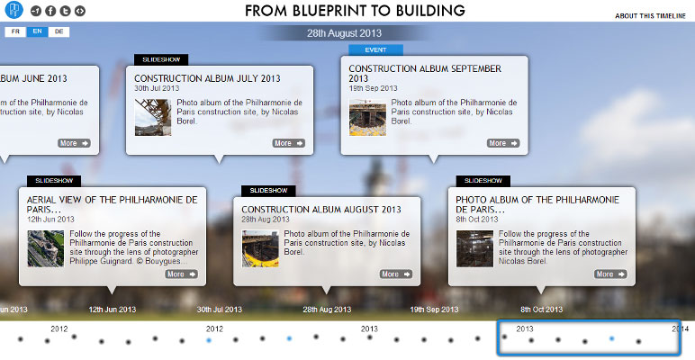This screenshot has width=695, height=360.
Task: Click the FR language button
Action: click(15, 31)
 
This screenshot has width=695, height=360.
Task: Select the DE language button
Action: click(59, 31)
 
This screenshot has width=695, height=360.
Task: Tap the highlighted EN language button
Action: click(37, 31)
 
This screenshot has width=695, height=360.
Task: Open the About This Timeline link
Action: click(650, 16)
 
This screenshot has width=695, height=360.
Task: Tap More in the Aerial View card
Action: click(181, 274)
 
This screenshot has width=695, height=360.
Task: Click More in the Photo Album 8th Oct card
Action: click(610, 274)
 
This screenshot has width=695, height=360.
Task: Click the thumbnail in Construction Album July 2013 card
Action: click(153, 117)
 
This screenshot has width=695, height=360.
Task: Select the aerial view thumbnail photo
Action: click(45, 248)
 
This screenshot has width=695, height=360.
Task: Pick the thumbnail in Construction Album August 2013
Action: click(260, 248)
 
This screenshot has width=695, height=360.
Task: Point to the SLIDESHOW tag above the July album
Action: click(161, 59)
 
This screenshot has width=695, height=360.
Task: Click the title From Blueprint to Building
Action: click(356, 12)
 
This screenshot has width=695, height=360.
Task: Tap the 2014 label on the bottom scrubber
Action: click(680, 328)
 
